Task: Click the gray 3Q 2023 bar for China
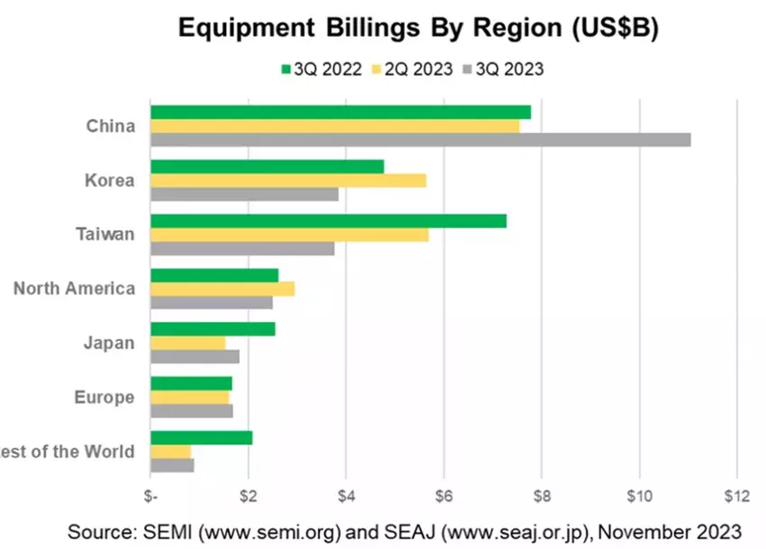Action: (420, 139)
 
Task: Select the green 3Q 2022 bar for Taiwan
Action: (328, 221)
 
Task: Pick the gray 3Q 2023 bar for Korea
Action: (244, 194)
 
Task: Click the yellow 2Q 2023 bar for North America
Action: (222, 289)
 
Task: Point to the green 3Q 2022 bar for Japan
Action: (213, 329)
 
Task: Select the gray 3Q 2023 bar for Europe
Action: (191, 411)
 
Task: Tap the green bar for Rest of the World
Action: (201, 438)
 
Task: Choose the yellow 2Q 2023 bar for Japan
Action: (187, 343)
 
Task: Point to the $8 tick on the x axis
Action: (542, 494)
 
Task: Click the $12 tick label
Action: (736, 494)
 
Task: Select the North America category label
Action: (74, 289)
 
